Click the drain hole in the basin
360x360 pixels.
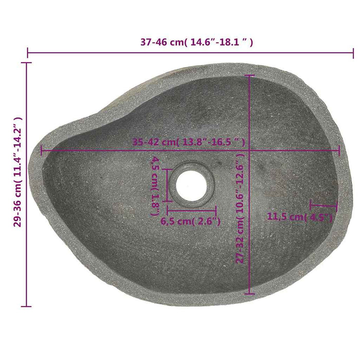pyautogui.click(x=192, y=182)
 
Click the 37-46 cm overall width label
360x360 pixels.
pyautogui.click(x=196, y=42)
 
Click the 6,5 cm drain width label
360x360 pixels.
pyautogui.click(x=191, y=222)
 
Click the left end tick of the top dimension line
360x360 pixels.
pyautogui.click(x=28, y=52)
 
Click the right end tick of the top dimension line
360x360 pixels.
pyautogui.click(x=353, y=52)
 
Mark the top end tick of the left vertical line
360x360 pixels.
pyautogui.click(x=28, y=63)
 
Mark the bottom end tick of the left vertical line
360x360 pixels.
pyautogui.click(x=28, y=307)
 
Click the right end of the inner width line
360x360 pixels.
pyautogui.click(x=339, y=151)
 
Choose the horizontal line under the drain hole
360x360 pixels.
pyautogui.click(x=191, y=210)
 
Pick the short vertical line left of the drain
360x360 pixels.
pyautogui.click(x=167, y=184)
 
